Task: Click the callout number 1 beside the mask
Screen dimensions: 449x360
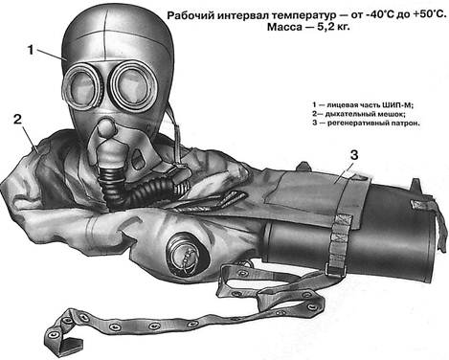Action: pyautogui.click(x=31, y=50)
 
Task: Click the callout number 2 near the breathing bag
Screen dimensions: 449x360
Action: pyautogui.click(x=17, y=120)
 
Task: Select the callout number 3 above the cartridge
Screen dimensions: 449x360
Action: pyautogui.click(x=354, y=155)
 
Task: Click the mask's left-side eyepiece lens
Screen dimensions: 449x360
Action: pyautogui.click(x=82, y=85)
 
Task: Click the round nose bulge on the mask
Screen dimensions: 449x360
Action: pyautogui.click(x=106, y=126)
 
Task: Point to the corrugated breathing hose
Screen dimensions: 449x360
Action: pyautogui.click(x=134, y=188)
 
